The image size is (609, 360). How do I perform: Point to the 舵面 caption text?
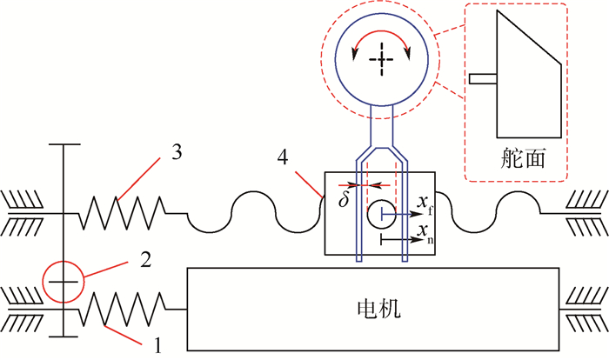[x=521, y=157]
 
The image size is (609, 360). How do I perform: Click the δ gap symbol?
[x=345, y=199]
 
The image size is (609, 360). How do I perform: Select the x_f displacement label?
[x=425, y=205]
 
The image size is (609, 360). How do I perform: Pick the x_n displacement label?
[x=425, y=231]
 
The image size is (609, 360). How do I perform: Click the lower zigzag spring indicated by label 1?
[x=124, y=310]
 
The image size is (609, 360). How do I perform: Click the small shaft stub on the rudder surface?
[x=481, y=79]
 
